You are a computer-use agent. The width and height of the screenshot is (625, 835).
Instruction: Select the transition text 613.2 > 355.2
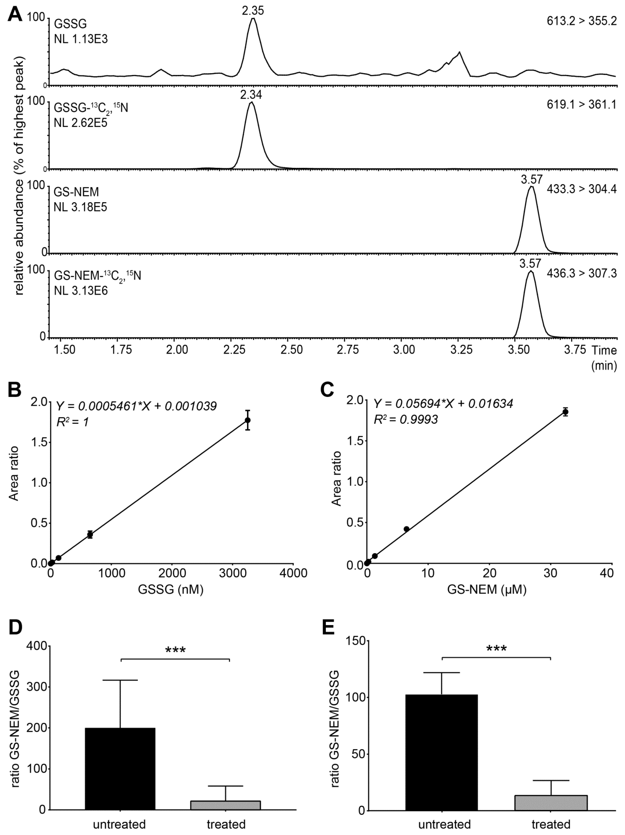(582, 21)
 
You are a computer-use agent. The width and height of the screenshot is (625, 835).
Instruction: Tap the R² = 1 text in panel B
(72, 422)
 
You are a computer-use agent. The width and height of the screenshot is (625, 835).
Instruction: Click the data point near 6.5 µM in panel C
(407, 529)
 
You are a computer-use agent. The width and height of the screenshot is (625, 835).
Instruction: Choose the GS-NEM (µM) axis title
(486, 589)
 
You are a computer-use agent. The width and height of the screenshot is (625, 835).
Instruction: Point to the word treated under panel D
(226, 824)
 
